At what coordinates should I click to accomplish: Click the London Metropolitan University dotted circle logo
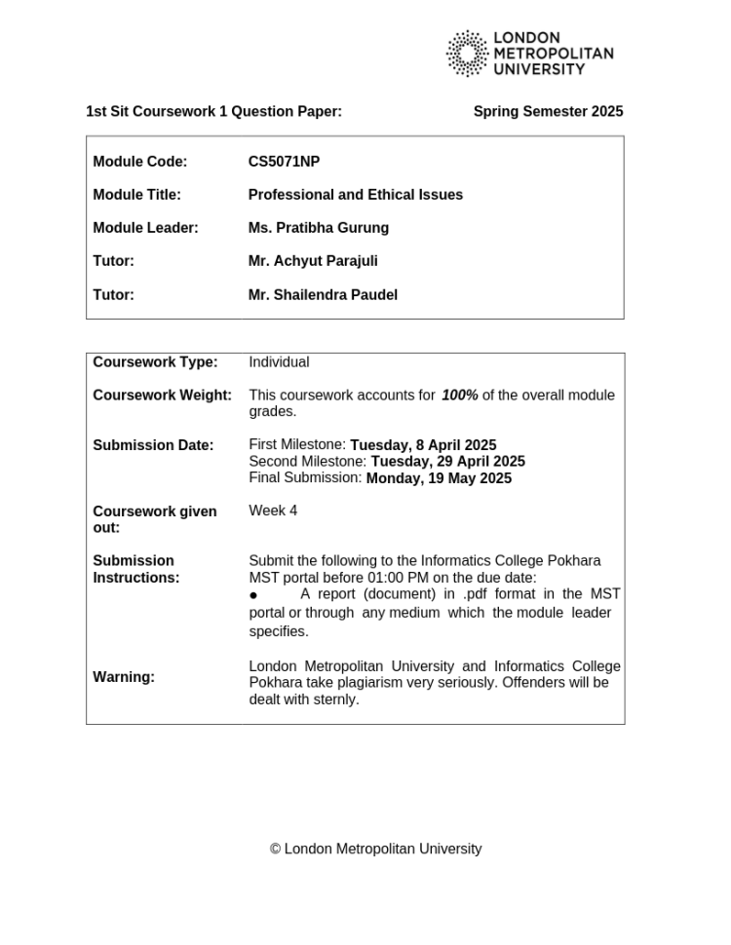[x=467, y=54]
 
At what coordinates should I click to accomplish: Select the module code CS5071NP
[x=284, y=162]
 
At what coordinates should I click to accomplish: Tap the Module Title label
[x=136, y=195]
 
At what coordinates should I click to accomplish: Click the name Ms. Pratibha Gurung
[x=318, y=228]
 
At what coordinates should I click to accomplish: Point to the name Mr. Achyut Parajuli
[x=313, y=261]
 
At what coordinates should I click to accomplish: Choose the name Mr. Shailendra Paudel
[x=323, y=295]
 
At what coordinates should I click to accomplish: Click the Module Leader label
[x=145, y=228]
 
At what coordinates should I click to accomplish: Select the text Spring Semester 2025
[x=548, y=112]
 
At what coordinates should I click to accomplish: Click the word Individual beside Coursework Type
[x=279, y=362]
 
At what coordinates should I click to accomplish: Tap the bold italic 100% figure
[x=460, y=396]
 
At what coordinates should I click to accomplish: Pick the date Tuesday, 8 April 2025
[x=423, y=445]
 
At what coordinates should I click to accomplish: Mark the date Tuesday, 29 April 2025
[x=447, y=462]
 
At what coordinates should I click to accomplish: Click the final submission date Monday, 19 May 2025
[x=439, y=478]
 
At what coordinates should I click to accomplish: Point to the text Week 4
[x=273, y=510]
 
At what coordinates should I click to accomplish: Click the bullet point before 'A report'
[x=253, y=595]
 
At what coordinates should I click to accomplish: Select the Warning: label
[x=124, y=677]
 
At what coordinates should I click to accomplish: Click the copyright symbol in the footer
[x=276, y=850]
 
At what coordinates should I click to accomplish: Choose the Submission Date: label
[x=153, y=445]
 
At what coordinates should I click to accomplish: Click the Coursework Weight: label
[x=162, y=396]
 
